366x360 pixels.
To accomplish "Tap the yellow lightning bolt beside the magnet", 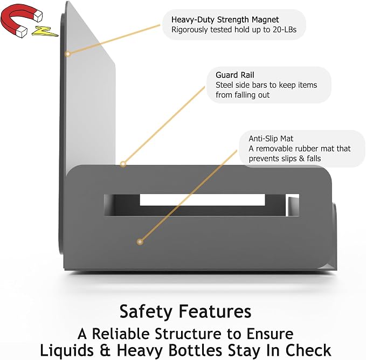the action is (45, 32).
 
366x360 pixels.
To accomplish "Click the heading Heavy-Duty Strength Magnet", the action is (225, 19).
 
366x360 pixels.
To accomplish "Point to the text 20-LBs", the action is (285, 30).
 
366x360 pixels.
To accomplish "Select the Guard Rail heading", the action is (234, 75).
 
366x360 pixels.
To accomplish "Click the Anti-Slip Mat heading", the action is (271, 139).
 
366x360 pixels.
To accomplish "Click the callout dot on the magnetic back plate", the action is (68, 54).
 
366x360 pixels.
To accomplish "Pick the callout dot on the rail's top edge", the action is (123, 164).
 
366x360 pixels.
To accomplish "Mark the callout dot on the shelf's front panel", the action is (140, 242).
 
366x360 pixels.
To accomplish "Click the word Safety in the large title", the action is (146, 311).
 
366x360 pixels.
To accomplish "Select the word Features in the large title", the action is (215, 311).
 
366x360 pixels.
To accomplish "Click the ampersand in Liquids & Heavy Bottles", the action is (105, 350).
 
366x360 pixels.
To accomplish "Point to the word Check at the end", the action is (308, 350).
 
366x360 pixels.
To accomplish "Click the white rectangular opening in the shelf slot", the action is (202, 200).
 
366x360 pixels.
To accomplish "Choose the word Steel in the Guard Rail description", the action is (224, 85).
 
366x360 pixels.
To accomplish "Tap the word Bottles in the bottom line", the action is (195, 350).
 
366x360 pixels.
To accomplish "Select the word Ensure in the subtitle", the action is (270, 334).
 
